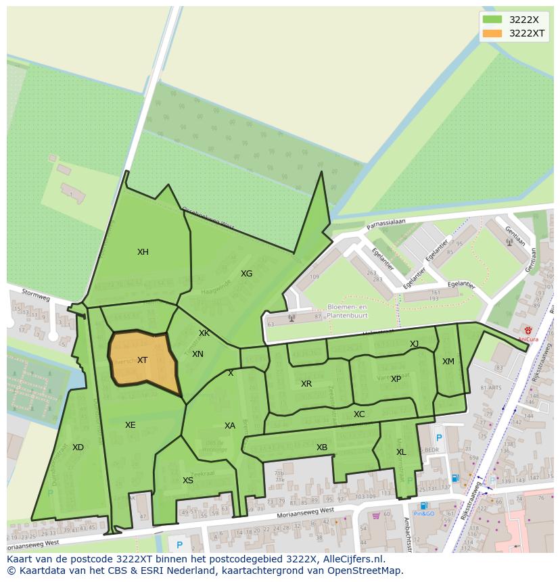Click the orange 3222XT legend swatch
(492, 33)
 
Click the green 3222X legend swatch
(492, 20)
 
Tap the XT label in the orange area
(142, 360)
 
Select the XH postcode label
(143, 252)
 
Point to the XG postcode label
(246, 274)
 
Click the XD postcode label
(78, 447)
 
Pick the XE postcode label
(130, 425)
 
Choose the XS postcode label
(188, 481)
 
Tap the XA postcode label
(230, 426)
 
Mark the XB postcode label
(322, 447)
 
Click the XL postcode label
(401, 452)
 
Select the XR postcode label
(306, 384)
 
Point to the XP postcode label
(396, 379)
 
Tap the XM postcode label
(448, 362)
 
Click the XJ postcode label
(414, 344)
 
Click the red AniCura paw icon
(528, 331)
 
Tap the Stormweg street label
(36, 295)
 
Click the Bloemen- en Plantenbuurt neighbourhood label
(347, 311)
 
